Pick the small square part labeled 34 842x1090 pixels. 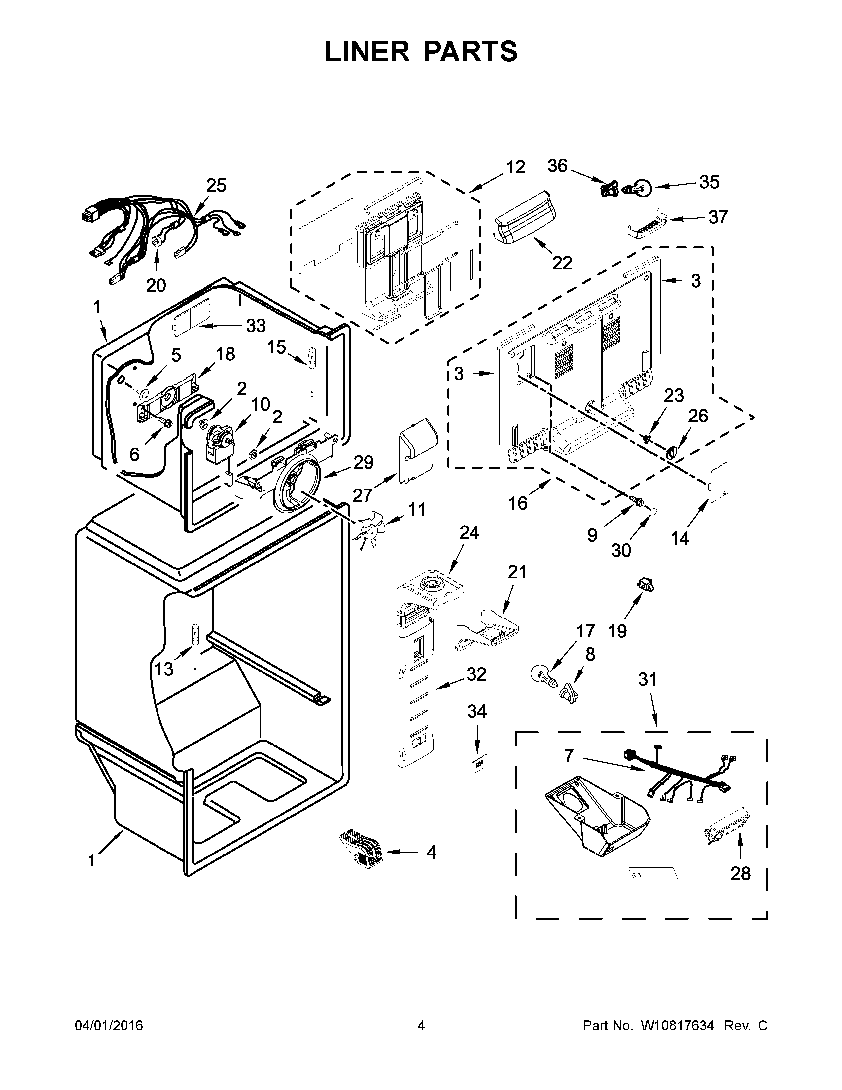[x=479, y=763]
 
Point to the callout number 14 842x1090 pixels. [x=680, y=538]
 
